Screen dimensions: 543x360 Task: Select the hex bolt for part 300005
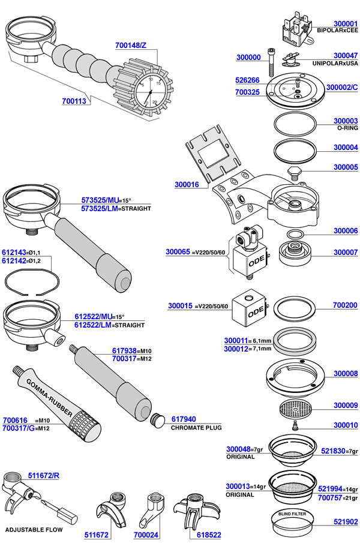point(293,172)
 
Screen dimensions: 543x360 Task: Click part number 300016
point(187,185)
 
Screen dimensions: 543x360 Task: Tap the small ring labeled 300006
point(295,233)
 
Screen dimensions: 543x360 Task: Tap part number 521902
point(345,523)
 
